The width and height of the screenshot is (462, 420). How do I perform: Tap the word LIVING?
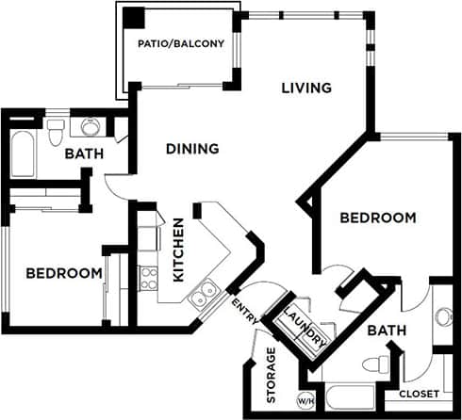(306, 89)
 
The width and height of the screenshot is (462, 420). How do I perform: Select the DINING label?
(192, 148)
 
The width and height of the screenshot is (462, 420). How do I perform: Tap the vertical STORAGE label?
(272, 374)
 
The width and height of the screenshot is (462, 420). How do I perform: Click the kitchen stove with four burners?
(149, 277)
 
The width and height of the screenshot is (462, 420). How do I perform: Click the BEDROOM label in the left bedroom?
(63, 273)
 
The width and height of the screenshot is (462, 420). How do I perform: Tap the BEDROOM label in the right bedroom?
(377, 218)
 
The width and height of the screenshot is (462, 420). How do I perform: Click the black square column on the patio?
(134, 18)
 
